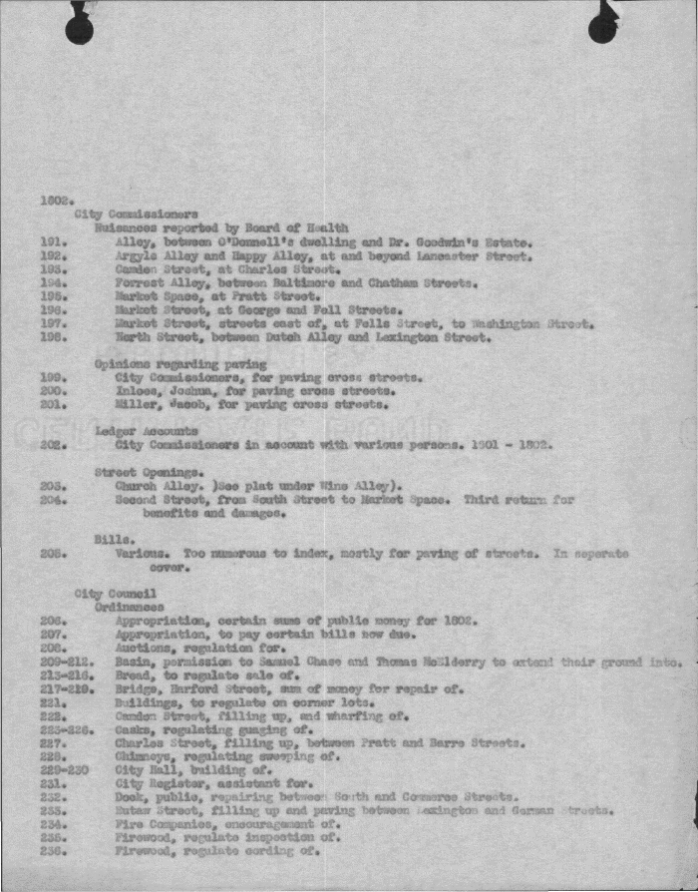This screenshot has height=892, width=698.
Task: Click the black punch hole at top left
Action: (x=80, y=28)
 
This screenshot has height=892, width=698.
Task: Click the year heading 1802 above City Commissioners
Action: (x=53, y=200)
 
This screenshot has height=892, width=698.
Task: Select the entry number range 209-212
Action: (x=66, y=661)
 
